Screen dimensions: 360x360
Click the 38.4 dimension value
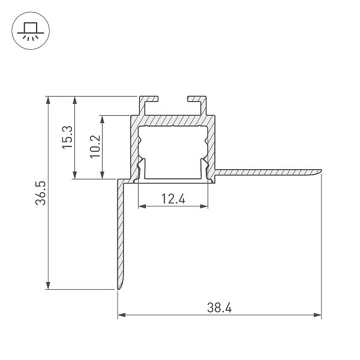point(219,307)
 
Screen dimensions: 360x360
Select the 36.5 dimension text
point(41,193)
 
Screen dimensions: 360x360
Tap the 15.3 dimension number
point(67,137)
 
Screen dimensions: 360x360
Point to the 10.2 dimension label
point(95,146)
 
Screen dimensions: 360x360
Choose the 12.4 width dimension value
point(173,199)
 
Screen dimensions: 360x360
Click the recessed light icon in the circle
point(31,31)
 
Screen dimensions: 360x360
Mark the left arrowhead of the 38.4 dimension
point(122,315)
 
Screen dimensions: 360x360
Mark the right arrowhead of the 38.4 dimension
point(317,315)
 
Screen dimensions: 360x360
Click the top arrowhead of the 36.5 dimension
point(48,100)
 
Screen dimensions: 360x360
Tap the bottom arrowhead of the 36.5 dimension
point(48,286)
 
